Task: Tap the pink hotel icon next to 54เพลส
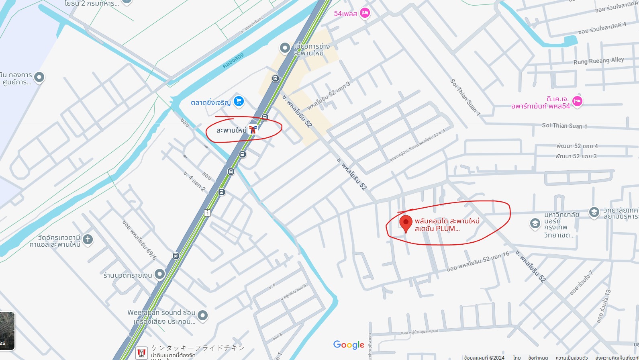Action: [365, 13]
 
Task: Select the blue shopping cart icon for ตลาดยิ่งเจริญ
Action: [239, 101]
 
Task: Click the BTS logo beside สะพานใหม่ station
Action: [253, 129]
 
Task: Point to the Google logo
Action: [349, 345]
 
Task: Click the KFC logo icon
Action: [141, 353]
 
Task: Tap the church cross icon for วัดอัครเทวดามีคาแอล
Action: [88, 239]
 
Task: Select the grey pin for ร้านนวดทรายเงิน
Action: [160, 274]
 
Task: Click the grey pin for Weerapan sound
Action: [203, 315]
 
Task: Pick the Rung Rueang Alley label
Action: [598, 61]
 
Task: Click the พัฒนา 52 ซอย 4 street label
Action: [577, 146]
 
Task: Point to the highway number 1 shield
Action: [207, 213]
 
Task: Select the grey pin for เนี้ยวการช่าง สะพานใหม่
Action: [285, 48]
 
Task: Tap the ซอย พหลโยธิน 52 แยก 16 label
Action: [478, 262]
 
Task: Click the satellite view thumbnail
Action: [7, 331]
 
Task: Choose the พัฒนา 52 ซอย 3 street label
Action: [576, 156]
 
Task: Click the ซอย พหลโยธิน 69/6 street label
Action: [139, 240]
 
